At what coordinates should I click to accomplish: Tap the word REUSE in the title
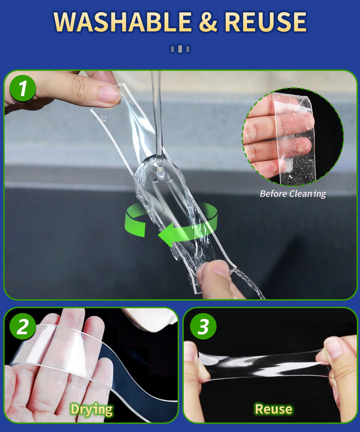pos(266,22)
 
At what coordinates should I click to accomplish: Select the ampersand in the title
pos(208,22)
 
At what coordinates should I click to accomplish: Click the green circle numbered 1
pos(23,88)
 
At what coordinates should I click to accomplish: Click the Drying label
pos(92,410)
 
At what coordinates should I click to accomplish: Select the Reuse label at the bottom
pos(274,409)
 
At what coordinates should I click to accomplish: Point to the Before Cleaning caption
pos(293,194)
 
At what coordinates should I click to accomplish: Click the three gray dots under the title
pos(180,49)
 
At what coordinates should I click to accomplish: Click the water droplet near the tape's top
pos(103,118)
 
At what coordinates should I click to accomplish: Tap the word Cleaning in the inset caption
pos(308,194)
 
